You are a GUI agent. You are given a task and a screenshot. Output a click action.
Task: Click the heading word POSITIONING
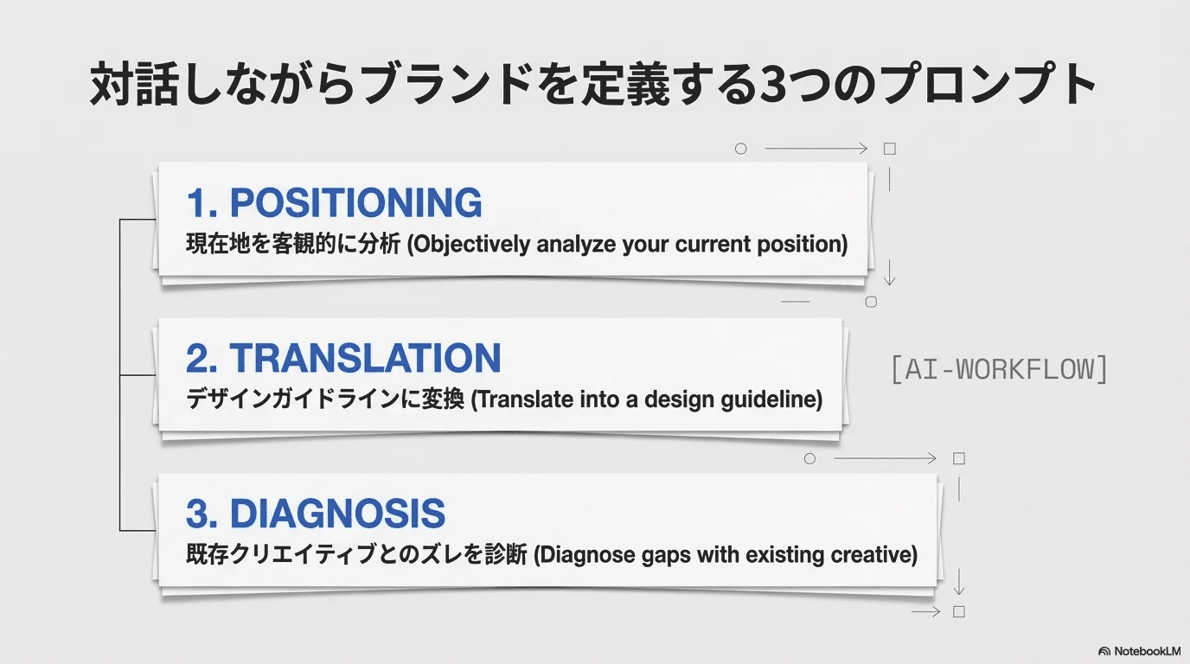point(355,203)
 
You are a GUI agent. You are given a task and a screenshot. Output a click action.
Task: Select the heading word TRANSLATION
point(365,358)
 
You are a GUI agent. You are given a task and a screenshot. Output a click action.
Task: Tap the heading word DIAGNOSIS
point(337,514)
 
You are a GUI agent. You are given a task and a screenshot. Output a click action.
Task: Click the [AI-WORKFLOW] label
point(999,369)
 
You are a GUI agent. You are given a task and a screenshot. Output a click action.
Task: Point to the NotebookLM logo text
point(1148,651)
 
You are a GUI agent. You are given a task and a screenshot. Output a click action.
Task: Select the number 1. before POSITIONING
point(202,203)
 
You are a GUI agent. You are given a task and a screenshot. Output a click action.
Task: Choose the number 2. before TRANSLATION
point(202,358)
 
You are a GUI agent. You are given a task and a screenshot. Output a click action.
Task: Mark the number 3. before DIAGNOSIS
point(202,514)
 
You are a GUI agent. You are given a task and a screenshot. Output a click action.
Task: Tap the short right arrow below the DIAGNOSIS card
point(926,612)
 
